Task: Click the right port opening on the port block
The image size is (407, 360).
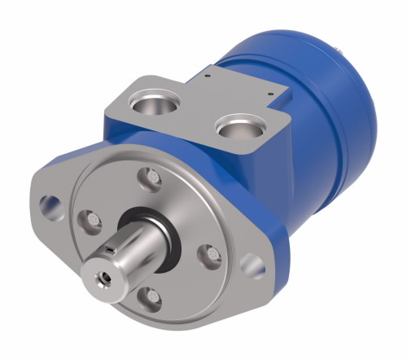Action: [240, 129]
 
